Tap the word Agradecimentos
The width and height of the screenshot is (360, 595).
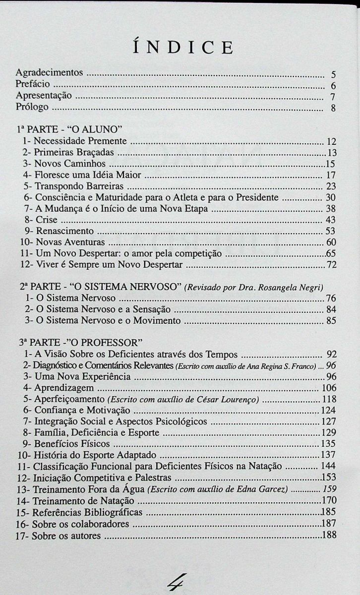49,72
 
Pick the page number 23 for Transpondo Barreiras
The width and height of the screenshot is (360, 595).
331,186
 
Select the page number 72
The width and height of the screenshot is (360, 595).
331,265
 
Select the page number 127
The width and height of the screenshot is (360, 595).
329,422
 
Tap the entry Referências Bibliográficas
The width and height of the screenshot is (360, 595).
88,512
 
